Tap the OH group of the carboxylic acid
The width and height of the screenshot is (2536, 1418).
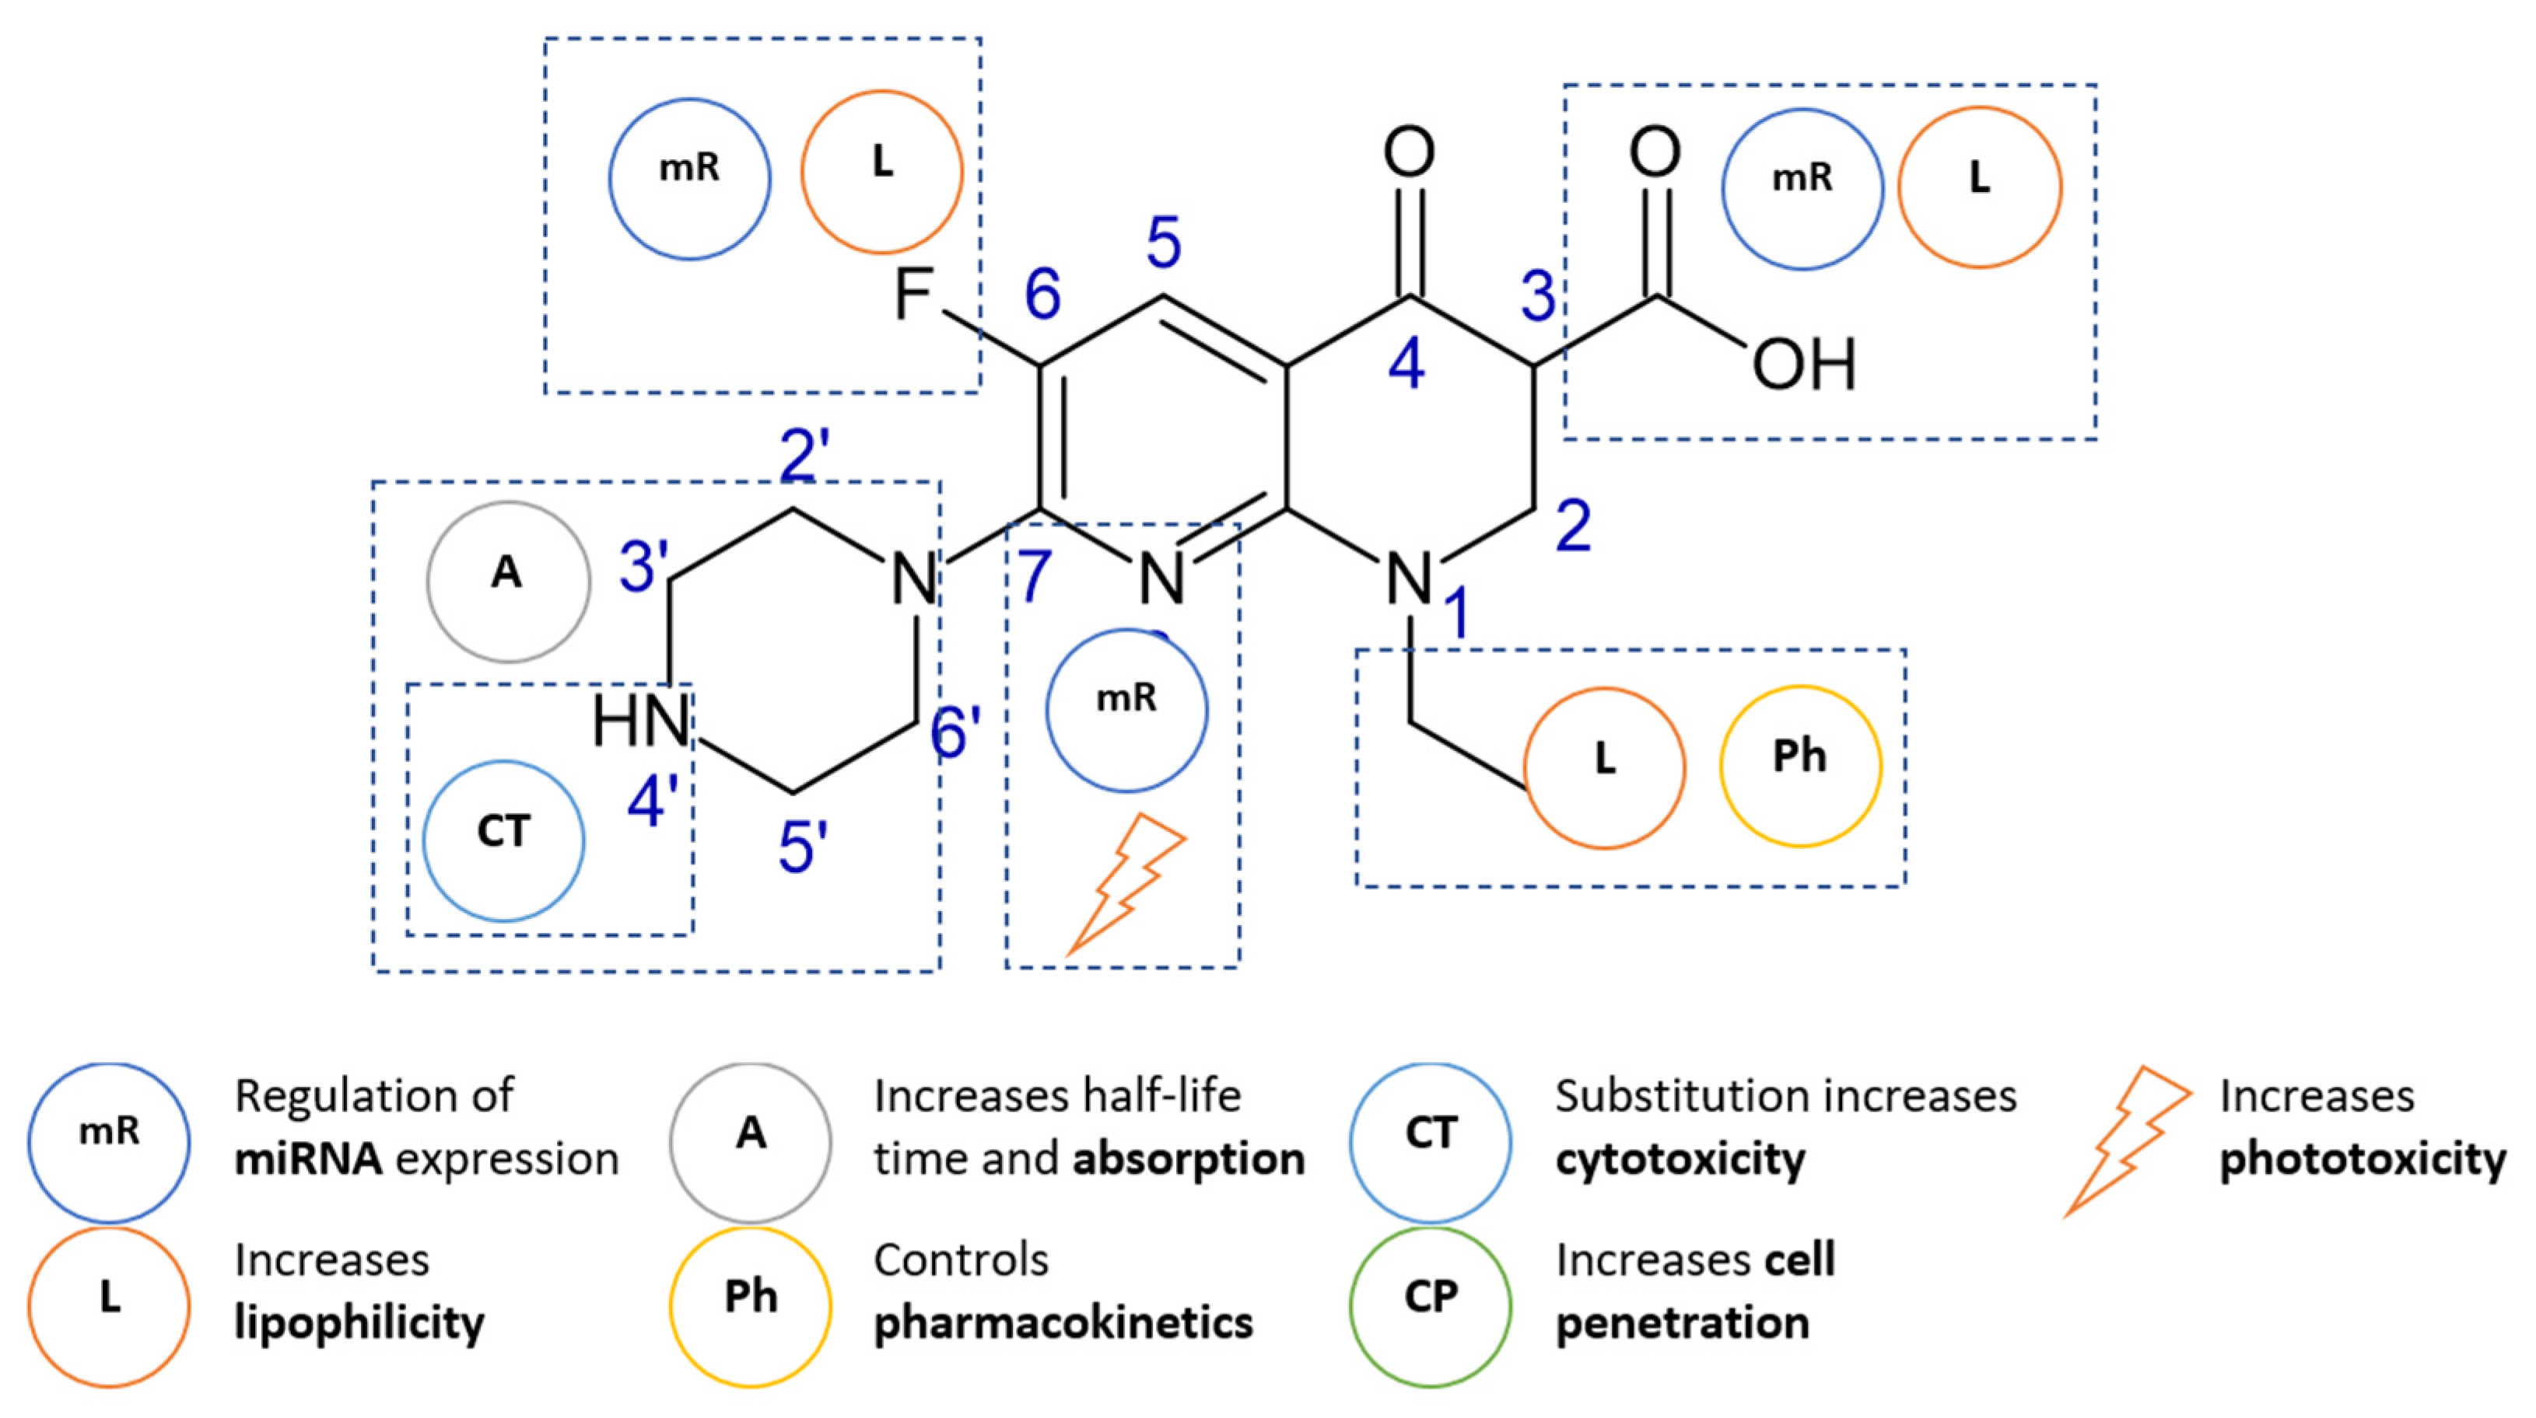click(x=1803, y=364)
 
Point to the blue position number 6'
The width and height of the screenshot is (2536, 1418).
click(x=955, y=734)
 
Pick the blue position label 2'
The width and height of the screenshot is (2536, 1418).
click(x=798, y=455)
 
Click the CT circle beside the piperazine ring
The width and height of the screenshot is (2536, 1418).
click(x=504, y=840)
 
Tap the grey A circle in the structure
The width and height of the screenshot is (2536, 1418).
click(x=508, y=582)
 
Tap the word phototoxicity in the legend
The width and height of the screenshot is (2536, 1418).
click(x=2362, y=1159)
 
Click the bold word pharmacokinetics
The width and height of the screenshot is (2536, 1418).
click(x=1063, y=1322)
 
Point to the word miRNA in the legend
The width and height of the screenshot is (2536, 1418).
click(x=308, y=1159)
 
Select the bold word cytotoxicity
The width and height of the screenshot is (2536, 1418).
click(x=1680, y=1159)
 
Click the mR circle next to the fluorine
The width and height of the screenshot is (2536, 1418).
click(x=689, y=179)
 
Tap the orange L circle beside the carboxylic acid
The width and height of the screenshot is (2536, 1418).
click(x=1979, y=187)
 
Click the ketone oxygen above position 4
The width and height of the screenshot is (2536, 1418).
click(x=1409, y=152)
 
